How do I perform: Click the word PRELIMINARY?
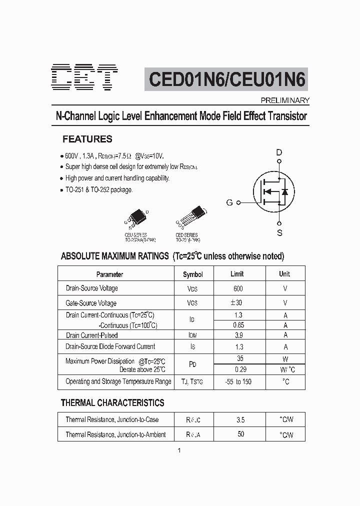(286, 100)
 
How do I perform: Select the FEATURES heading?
(87, 139)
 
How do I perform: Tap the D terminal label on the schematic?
(279, 152)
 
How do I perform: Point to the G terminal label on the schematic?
(229, 202)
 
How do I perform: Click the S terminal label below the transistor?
(279, 232)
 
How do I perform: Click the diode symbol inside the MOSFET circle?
(285, 191)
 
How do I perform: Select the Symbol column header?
(193, 274)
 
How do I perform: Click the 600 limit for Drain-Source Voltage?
(238, 288)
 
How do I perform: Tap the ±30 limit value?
(237, 302)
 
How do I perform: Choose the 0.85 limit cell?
(238, 325)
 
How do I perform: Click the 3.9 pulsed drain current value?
(238, 335)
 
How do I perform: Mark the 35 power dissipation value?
(239, 358)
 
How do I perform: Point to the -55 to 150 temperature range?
(238, 381)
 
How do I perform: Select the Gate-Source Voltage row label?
(91, 303)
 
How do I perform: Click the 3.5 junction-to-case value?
(240, 420)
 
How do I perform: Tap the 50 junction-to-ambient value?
(240, 434)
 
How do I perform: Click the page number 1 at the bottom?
(179, 450)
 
